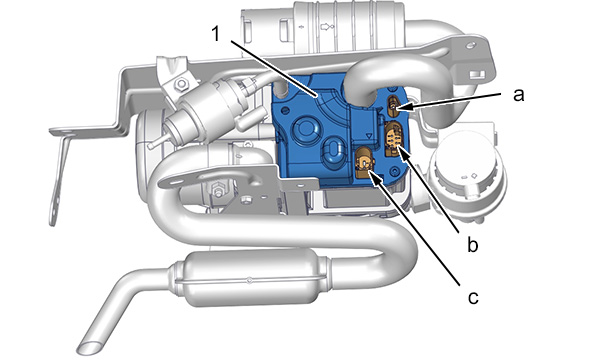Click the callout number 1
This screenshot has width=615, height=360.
tap(215, 34)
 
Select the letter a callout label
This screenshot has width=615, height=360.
tap(519, 94)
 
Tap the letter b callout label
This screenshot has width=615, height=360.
tap(473, 244)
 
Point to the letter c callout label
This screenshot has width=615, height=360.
tap(473, 297)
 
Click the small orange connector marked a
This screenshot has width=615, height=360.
tap(393, 105)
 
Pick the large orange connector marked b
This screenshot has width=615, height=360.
tap(394, 139)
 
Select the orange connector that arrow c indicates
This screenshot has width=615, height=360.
tap(364, 162)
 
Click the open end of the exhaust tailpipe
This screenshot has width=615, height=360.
tap(90, 347)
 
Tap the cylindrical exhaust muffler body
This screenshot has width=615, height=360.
tap(249, 279)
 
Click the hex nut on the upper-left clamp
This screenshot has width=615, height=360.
tap(181, 84)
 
